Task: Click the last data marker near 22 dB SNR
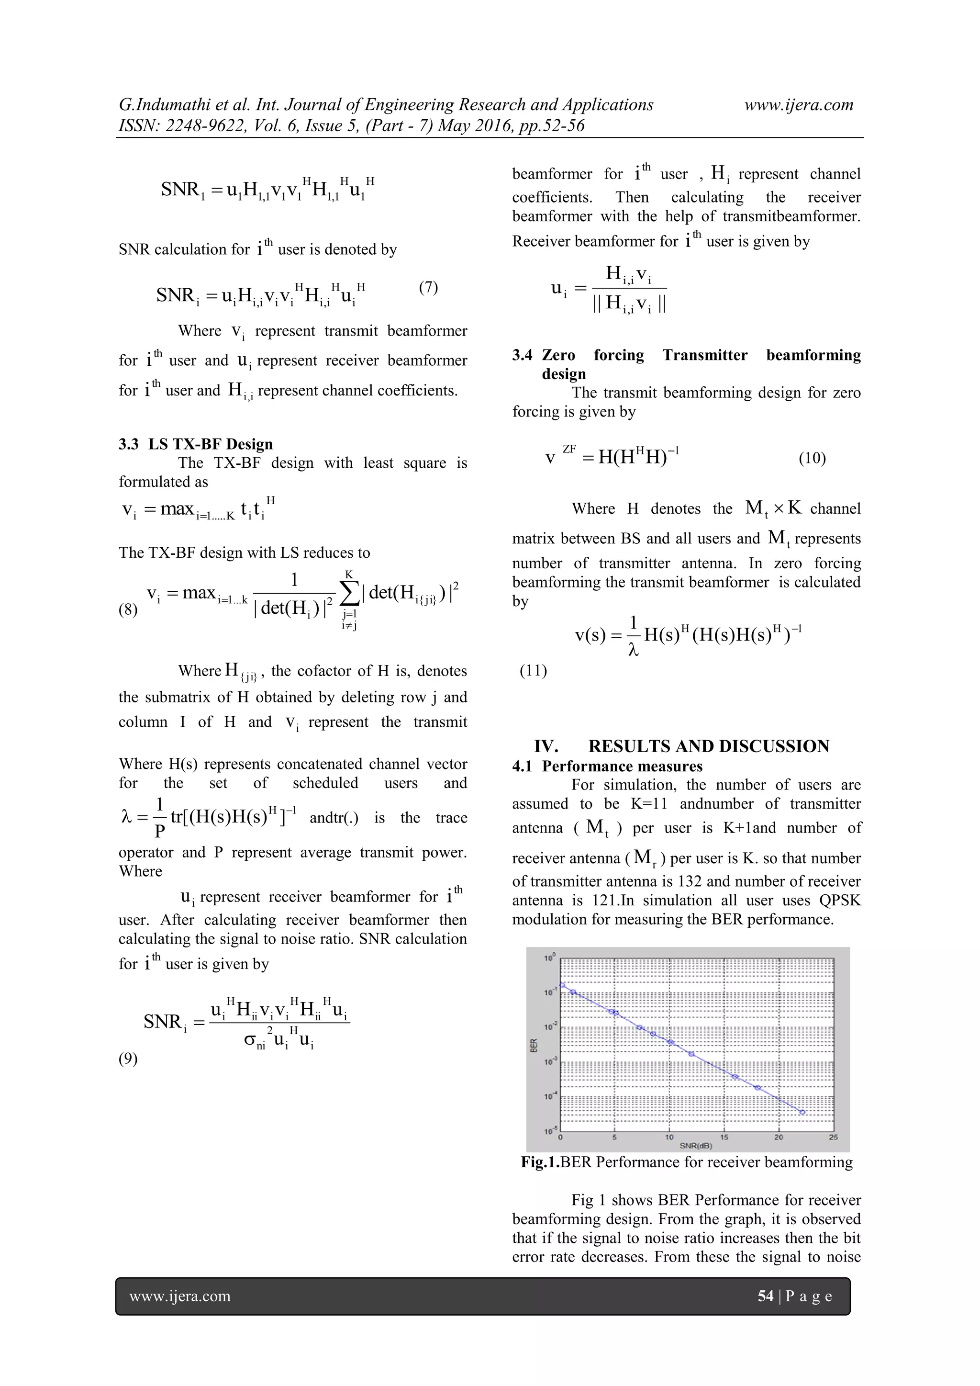tap(802, 1112)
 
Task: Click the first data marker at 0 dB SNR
tap(562, 985)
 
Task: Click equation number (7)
tap(428, 287)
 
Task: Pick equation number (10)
tap(812, 458)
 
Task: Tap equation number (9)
tap(128, 1059)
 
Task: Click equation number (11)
tap(534, 671)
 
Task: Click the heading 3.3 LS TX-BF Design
tap(196, 444)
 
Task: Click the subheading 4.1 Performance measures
tap(607, 766)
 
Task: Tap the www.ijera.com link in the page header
tap(798, 105)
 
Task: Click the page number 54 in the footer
tap(765, 1296)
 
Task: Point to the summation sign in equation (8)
tap(349, 593)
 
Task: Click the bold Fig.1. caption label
tap(540, 1162)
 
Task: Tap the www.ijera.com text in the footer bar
tap(180, 1296)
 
